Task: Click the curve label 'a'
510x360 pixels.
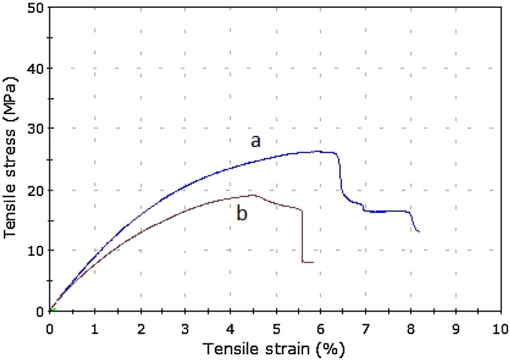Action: click(x=255, y=140)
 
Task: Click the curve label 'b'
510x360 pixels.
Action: click(x=242, y=214)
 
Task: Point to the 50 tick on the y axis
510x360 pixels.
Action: click(x=37, y=8)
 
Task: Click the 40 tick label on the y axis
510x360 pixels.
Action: click(x=37, y=69)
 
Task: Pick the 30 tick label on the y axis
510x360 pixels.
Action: click(x=37, y=129)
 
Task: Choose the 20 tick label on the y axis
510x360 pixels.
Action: click(x=37, y=190)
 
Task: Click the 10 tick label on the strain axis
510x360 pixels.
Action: click(x=500, y=327)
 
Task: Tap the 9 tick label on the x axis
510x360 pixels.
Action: click(x=455, y=327)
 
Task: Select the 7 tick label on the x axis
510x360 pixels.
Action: click(x=365, y=327)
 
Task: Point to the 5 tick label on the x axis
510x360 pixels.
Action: click(x=275, y=327)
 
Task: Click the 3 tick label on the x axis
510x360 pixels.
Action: click(x=185, y=327)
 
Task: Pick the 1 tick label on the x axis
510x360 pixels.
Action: click(x=95, y=327)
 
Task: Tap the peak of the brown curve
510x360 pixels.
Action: click(x=252, y=195)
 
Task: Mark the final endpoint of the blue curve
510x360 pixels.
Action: click(x=419, y=232)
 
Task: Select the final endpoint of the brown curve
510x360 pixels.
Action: click(x=313, y=262)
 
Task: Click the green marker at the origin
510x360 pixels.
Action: click(x=52, y=309)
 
